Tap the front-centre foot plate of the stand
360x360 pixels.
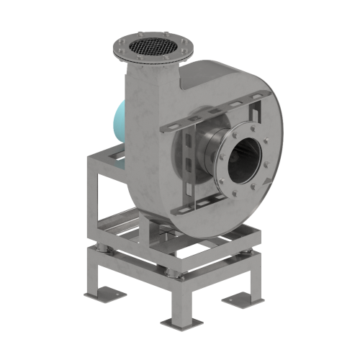coord(175,320)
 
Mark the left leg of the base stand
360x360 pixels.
coord(91,274)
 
